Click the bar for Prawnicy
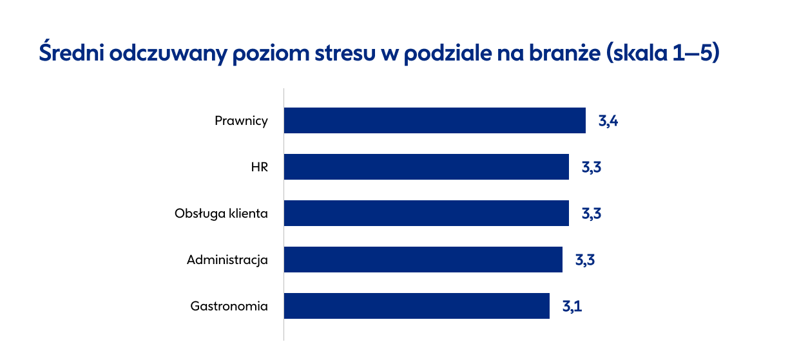(435, 120)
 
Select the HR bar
(427, 167)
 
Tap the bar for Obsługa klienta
(427, 213)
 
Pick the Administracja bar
(423, 260)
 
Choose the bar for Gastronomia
(417, 306)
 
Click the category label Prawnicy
(241, 121)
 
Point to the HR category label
(259, 167)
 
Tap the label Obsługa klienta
(221, 214)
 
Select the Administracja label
(227, 260)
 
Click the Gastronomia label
(229, 306)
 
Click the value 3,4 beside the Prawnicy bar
(608, 121)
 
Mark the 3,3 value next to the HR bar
(592, 167)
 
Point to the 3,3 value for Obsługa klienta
(592, 214)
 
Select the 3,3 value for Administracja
(585, 260)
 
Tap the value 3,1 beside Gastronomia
(572, 306)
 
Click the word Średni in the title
(72, 52)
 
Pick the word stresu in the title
(345, 53)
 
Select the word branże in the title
(564, 52)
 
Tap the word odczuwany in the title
(168, 53)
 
